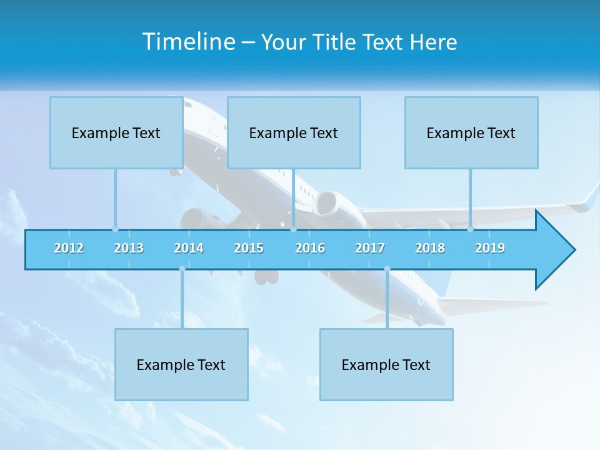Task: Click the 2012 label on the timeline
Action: click(x=69, y=248)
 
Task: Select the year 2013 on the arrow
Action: click(x=129, y=248)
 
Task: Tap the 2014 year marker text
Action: click(x=189, y=248)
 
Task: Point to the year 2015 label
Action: click(x=249, y=248)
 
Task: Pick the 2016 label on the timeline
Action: click(x=310, y=248)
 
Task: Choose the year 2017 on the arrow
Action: click(x=370, y=248)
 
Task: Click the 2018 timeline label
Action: click(x=430, y=248)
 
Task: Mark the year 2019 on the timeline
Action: click(x=490, y=248)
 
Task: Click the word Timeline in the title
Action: click(x=188, y=42)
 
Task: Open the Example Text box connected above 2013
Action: click(x=116, y=132)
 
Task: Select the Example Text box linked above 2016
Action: click(x=294, y=132)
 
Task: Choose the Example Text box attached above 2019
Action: click(x=471, y=132)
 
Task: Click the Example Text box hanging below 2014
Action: click(x=181, y=364)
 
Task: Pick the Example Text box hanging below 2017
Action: click(x=386, y=364)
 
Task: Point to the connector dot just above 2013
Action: click(x=115, y=229)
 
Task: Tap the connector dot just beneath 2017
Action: click(x=387, y=269)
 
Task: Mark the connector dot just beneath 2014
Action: click(x=182, y=269)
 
